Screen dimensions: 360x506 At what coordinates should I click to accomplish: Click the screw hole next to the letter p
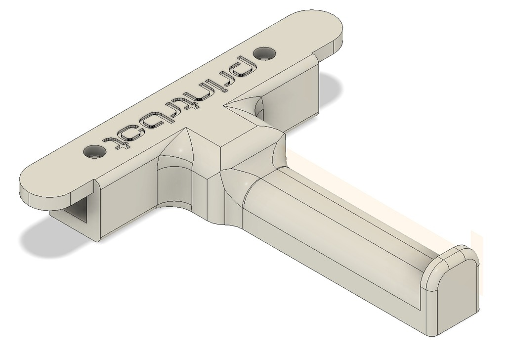pos(266,52)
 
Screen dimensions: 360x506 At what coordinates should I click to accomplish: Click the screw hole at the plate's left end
pos(95,151)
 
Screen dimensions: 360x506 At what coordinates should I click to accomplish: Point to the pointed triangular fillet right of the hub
pos(246,105)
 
